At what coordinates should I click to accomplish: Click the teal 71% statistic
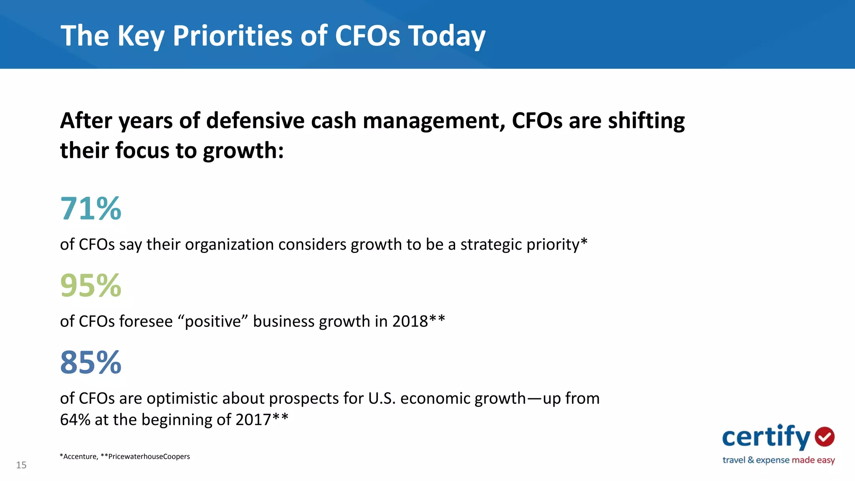click(x=91, y=208)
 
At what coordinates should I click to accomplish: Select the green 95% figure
click(x=91, y=286)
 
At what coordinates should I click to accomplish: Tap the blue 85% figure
click(x=91, y=362)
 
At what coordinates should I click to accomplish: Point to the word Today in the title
click(x=446, y=35)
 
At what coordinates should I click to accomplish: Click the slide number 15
click(x=21, y=465)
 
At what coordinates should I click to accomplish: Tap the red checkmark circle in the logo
click(x=825, y=437)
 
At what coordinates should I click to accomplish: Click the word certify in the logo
click(x=766, y=437)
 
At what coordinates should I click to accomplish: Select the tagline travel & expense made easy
click(x=778, y=460)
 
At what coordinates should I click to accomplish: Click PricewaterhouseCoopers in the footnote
click(x=149, y=457)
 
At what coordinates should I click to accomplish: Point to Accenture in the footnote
click(x=80, y=457)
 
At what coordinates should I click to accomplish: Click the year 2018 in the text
click(x=410, y=322)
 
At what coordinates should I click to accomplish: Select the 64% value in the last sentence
click(x=75, y=420)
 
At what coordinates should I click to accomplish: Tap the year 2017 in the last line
click(x=253, y=420)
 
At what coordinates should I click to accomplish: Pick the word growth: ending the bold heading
click(x=243, y=151)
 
